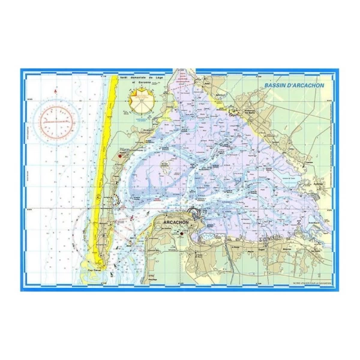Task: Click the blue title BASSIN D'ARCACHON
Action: point(294,85)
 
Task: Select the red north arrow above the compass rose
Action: point(55,91)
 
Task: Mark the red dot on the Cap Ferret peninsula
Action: point(120,156)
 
